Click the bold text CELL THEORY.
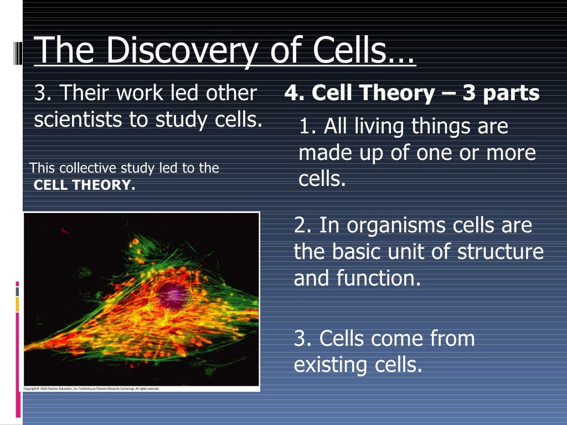pyautogui.click(x=84, y=185)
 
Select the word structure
pyautogui.click(x=501, y=252)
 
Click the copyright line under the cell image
pyautogui.click(x=91, y=388)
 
